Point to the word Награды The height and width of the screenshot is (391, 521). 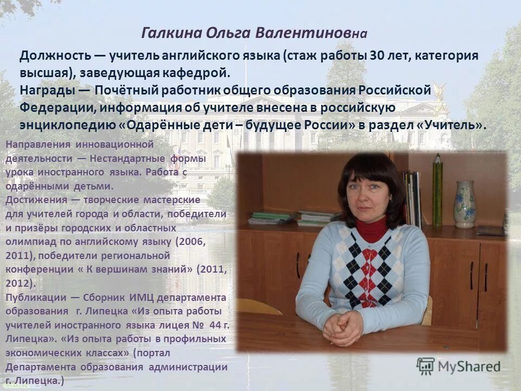[x=46, y=90]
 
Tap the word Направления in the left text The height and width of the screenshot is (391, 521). [x=38, y=144]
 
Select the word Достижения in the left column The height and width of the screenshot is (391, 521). [x=35, y=200]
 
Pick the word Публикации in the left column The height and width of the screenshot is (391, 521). [x=35, y=298]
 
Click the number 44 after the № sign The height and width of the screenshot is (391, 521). [x=215, y=326]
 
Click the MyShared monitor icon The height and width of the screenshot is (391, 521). [x=426, y=365]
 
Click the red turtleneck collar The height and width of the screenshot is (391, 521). [x=372, y=229]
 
